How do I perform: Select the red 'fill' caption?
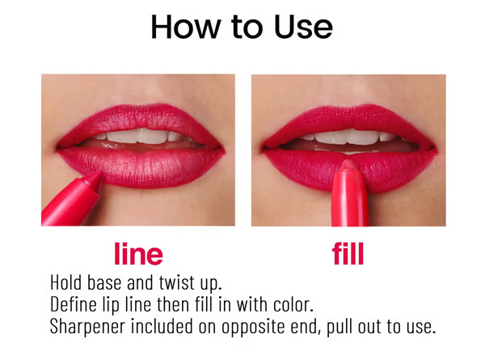coord(348,254)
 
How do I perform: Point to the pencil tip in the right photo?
coord(348,165)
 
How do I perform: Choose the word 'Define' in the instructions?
coord(74,305)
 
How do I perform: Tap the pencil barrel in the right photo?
coord(349,202)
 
